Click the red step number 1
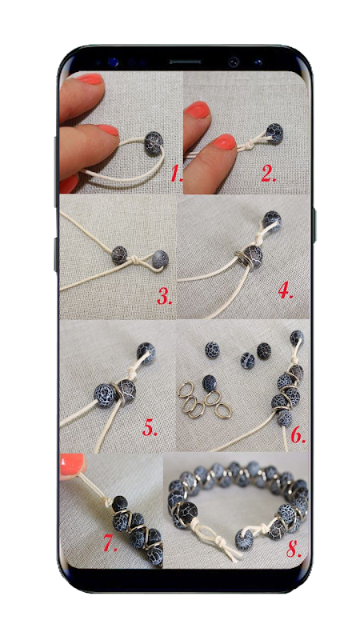(177, 174)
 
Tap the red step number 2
(269, 174)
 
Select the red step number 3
(165, 297)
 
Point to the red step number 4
(286, 290)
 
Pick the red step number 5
(150, 427)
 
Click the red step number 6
(298, 435)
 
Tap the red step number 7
(110, 543)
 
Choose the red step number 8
(294, 549)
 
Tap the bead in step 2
(274, 133)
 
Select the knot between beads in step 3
(137, 259)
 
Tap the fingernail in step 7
(72, 464)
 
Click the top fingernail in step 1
(90, 78)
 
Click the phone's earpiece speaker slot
(186, 62)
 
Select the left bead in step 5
(105, 395)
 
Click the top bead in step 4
(272, 220)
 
